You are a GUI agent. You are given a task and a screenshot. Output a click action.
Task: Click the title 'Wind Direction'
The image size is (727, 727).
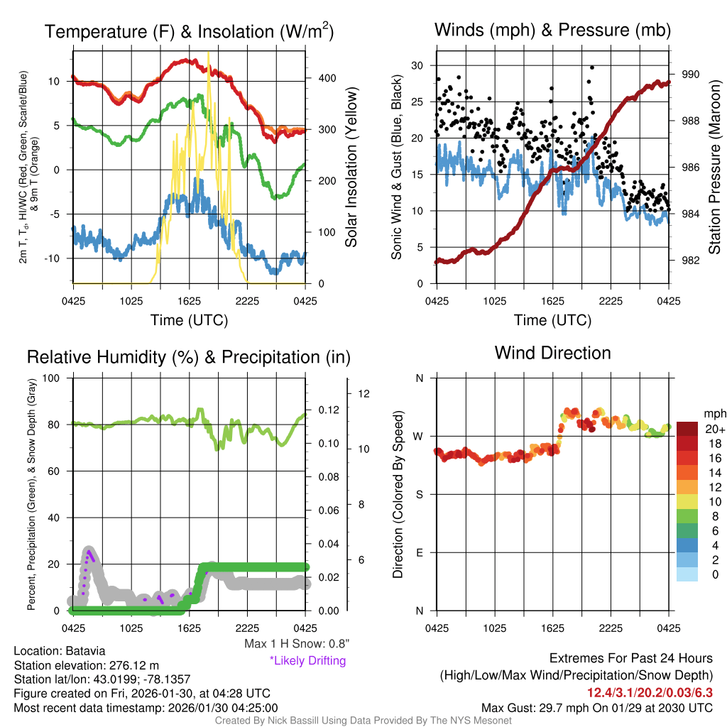click(552, 353)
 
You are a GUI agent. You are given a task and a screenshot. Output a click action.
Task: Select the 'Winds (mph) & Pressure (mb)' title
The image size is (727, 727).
click(552, 31)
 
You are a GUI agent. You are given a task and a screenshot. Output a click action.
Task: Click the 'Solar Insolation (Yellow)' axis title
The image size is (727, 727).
click(351, 168)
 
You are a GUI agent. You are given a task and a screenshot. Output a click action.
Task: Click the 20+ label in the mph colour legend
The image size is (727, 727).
click(714, 430)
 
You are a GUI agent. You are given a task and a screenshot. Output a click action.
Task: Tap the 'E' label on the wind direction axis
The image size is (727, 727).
click(419, 552)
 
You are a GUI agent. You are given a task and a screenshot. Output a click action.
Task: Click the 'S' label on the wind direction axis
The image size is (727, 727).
click(419, 494)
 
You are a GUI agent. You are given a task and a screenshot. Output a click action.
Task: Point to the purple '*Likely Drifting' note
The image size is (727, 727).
click(307, 661)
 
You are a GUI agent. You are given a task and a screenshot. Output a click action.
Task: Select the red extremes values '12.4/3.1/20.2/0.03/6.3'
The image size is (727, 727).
click(649, 692)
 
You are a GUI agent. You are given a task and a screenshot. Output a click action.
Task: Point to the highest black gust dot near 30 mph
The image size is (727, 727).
click(592, 67)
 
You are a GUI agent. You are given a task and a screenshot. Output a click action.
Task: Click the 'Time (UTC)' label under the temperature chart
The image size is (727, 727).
click(189, 320)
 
